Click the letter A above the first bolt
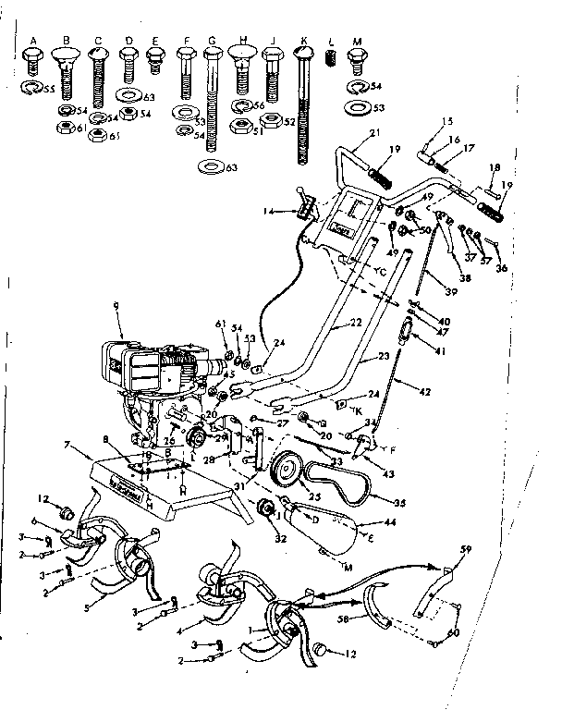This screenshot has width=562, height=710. pyautogui.click(x=33, y=42)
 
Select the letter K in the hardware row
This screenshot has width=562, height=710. pyautogui.click(x=302, y=42)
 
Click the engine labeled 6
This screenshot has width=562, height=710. pyautogui.click(x=157, y=370)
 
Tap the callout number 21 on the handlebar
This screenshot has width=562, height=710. pyautogui.click(x=373, y=135)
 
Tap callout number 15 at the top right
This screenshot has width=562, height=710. pyautogui.click(x=447, y=121)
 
